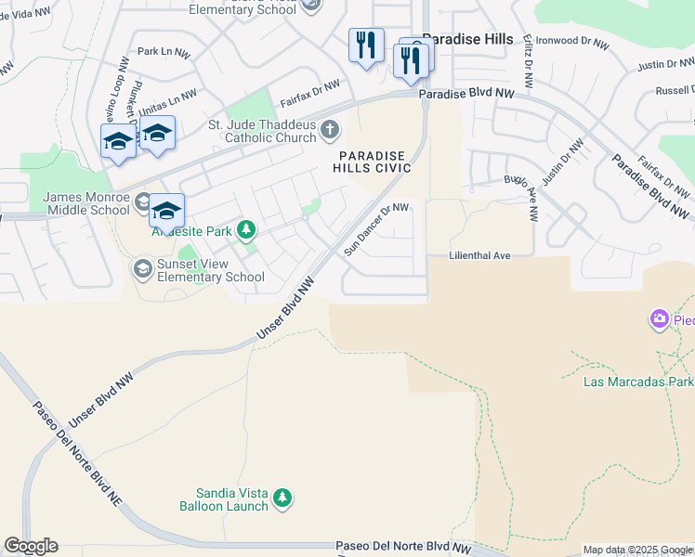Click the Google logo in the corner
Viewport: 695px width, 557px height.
pyautogui.click(x=31, y=546)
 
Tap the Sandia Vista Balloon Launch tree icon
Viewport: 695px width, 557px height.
pyautogui.click(x=283, y=499)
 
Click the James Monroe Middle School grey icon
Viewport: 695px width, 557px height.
pyautogui.click(x=142, y=201)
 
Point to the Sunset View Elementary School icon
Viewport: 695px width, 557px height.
pyautogui.click(x=142, y=269)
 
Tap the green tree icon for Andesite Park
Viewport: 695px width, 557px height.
pyautogui.click(x=246, y=228)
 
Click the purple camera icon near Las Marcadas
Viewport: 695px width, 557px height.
pyautogui.click(x=660, y=320)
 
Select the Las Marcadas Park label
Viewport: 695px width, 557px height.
pyautogui.click(x=637, y=382)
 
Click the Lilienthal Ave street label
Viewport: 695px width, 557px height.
pyautogui.click(x=480, y=255)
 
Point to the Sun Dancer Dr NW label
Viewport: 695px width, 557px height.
pyautogui.click(x=376, y=229)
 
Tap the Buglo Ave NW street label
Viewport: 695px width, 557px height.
pyautogui.click(x=520, y=197)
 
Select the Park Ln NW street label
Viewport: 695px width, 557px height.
pyautogui.click(x=162, y=52)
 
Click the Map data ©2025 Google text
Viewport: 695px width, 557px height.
pyautogui.click(x=637, y=550)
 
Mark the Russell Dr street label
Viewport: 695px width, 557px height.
pyautogui.click(x=674, y=90)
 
